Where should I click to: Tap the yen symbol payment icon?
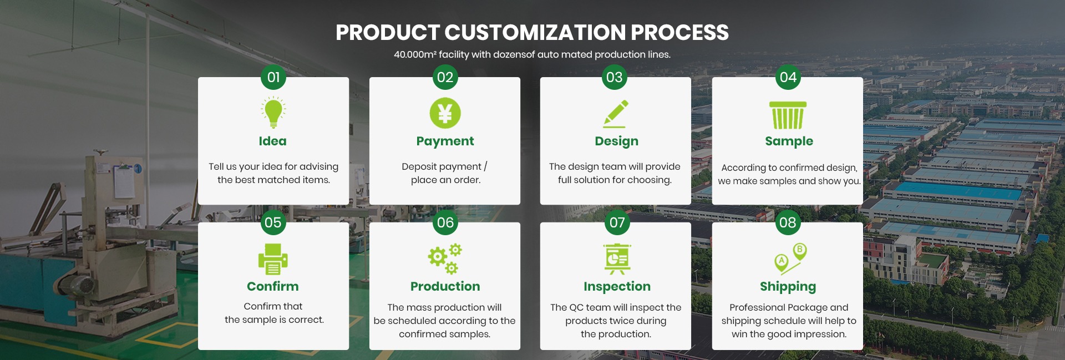pyautogui.click(x=445, y=113)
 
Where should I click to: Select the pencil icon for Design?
pyautogui.click(x=616, y=114)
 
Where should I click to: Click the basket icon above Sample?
pyautogui.click(x=788, y=115)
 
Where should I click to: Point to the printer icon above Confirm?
pyautogui.click(x=273, y=258)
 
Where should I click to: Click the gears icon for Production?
pyautogui.click(x=445, y=258)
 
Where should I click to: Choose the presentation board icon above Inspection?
pyautogui.click(x=617, y=259)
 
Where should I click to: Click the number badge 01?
pyautogui.click(x=273, y=77)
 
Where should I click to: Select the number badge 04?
pyautogui.click(x=788, y=77)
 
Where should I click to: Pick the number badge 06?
pyautogui.click(x=445, y=222)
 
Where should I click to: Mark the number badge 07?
pyautogui.click(x=617, y=222)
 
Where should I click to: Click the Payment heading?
pyautogui.click(x=445, y=141)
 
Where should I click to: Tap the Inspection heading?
pyautogui.click(x=617, y=287)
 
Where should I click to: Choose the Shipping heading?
pyautogui.click(x=788, y=287)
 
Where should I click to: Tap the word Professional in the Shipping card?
pyautogui.click(x=756, y=307)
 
